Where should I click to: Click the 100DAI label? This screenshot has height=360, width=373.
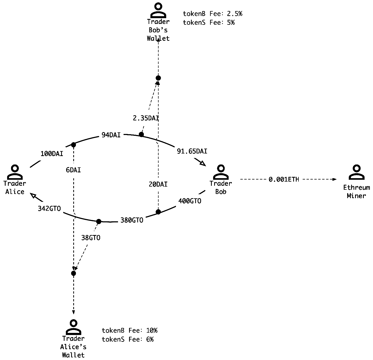[52, 154]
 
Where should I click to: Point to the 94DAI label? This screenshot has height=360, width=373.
[111, 135]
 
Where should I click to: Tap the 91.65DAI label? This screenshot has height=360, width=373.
[192, 151]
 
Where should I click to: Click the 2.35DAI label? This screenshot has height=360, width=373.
[146, 118]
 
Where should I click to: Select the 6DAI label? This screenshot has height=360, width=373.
[73, 170]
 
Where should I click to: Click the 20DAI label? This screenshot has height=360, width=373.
[158, 184]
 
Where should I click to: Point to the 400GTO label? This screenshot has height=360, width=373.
[190, 201]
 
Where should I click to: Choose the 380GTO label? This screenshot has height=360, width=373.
[132, 220]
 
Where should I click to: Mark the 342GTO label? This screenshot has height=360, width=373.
[49, 209]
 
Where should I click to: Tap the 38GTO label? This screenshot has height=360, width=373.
[91, 238]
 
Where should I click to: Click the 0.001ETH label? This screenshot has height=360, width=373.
[284, 179]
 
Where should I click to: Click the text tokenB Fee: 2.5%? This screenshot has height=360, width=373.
[212, 14]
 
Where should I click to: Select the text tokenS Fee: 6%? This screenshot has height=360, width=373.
[127, 339]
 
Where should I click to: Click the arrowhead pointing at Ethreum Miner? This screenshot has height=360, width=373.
[335, 179]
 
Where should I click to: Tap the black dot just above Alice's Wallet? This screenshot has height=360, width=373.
[73, 273]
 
